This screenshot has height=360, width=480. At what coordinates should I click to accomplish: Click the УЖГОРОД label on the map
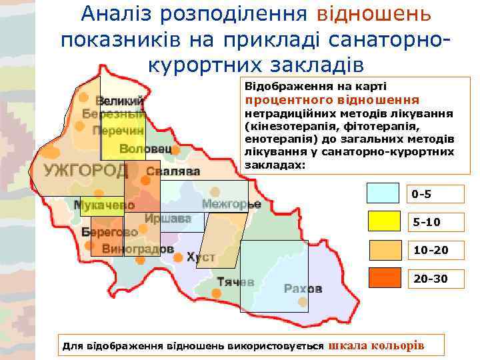tap(86, 171)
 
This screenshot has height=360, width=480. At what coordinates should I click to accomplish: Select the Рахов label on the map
tap(303, 289)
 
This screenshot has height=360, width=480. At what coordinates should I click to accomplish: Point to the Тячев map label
tap(235, 282)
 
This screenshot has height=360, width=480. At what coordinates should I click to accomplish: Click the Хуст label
tap(201, 257)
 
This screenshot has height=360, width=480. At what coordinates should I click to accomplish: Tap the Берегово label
tap(109, 232)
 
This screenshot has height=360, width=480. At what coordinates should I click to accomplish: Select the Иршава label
tap(167, 218)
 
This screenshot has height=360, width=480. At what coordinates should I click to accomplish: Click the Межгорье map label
tap(231, 203)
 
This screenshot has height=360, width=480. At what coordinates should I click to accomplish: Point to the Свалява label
tap(173, 171)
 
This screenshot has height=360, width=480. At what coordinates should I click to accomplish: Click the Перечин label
tap(118, 131)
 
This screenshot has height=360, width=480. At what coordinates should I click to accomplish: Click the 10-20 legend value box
tap(436, 250)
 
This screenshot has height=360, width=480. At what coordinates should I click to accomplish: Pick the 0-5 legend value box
tap(436, 195)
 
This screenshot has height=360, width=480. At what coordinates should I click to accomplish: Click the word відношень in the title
tap(373, 13)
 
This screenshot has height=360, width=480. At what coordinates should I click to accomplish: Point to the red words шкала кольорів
tap(377, 345)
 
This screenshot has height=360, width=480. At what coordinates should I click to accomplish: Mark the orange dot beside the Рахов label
tap(303, 302)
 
